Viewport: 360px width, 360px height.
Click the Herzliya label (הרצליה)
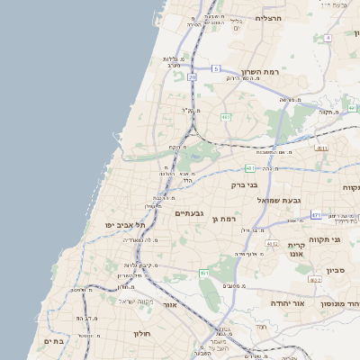tap(268, 18)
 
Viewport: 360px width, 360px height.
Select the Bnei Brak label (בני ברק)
tap(245, 184)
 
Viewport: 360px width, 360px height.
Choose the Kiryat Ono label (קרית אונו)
tap(298, 249)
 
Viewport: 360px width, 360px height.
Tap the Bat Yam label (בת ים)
tap(54, 341)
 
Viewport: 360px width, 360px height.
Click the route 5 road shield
tap(216, 68)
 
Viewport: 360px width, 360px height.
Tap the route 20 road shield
tap(192, 77)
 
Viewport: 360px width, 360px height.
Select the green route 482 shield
tap(226, 117)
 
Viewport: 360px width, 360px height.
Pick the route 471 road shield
tap(316, 215)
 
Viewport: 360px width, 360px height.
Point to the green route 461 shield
tap(204, 273)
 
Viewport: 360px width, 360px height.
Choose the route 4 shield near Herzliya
tap(328, 38)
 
